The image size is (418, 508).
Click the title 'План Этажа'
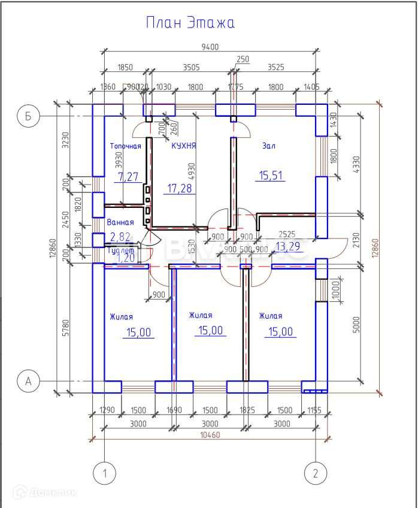190,23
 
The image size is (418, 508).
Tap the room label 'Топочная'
126,146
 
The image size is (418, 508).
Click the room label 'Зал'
268,146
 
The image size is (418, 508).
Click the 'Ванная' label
120,223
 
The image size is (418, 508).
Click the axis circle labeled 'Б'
28,116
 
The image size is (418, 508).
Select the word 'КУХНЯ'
184,146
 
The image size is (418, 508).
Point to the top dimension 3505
191,68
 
